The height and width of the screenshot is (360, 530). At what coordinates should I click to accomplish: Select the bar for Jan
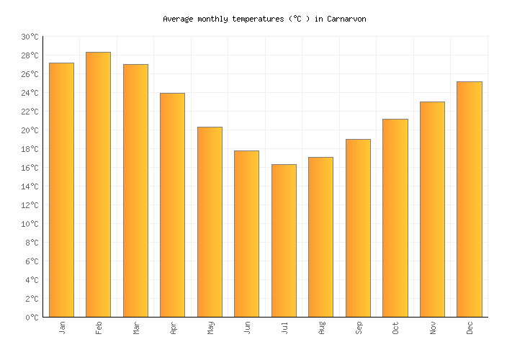[x=61, y=190]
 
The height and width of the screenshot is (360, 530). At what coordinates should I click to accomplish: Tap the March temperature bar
[x=135, y=191]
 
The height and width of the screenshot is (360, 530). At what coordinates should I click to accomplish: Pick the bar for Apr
[x=172, y=205]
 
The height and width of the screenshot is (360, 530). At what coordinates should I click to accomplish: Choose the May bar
[x=210, y=222]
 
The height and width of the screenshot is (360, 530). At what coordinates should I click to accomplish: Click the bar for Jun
[x=246, y=234]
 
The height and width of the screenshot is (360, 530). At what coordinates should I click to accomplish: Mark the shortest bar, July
[x=284, y=240]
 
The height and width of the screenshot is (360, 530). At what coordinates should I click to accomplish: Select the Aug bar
[x=320, y=237]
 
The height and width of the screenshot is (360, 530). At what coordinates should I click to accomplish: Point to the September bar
[x=358, y=228]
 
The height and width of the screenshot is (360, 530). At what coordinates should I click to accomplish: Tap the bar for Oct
[x=395, y=218]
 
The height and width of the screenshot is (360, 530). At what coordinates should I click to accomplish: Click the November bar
[x=432, y=210]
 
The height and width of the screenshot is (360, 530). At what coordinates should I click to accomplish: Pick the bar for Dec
[x=469, y=199]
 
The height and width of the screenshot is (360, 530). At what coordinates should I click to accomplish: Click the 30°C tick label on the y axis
[x=30, y=37]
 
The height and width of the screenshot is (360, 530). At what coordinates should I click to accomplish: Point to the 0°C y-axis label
[x=32, y=318]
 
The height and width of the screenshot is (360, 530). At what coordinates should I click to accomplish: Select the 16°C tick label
[x=30, y=168]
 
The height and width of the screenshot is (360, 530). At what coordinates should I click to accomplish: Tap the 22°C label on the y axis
[x=30, y=112]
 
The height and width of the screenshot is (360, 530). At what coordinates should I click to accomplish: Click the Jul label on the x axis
[x=284, y=328]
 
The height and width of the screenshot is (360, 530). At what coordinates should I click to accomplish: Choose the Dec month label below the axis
[x=470, y=328]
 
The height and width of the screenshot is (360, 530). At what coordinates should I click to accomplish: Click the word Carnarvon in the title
[x=346, y=19]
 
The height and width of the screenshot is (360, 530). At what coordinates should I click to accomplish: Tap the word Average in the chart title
[x=178, y=19]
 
